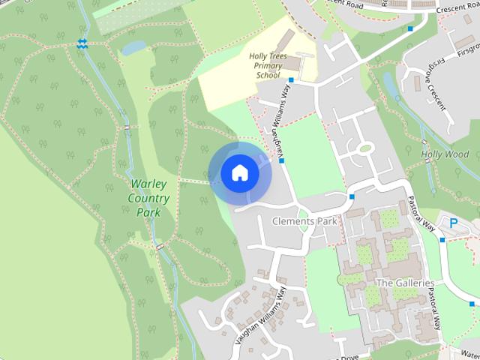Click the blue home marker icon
[x=239, y=173]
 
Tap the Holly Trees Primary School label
[x=268, y=65]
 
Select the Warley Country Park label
[x=148, y=197]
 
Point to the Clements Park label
[x=304, y=221]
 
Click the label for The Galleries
[x=405, y=283]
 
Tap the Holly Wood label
[x=445, y=154]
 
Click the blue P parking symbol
[x=453, y=222]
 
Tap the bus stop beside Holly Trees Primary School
[x=291, y=80]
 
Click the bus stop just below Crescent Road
[x=410, y=29]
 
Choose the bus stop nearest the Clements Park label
[x=352, y=196]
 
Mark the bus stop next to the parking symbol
[x=442, y=240]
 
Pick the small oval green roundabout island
[x=365, y=148]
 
